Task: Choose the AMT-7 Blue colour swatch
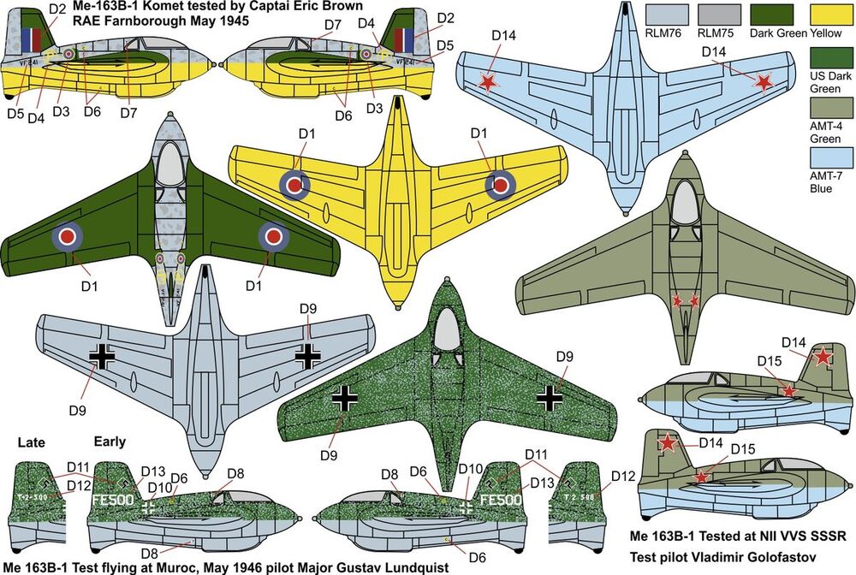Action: (828, 160)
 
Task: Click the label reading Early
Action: (110, 442)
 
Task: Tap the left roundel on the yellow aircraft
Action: (294, 183)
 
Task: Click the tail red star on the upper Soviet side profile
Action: (822, 358)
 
